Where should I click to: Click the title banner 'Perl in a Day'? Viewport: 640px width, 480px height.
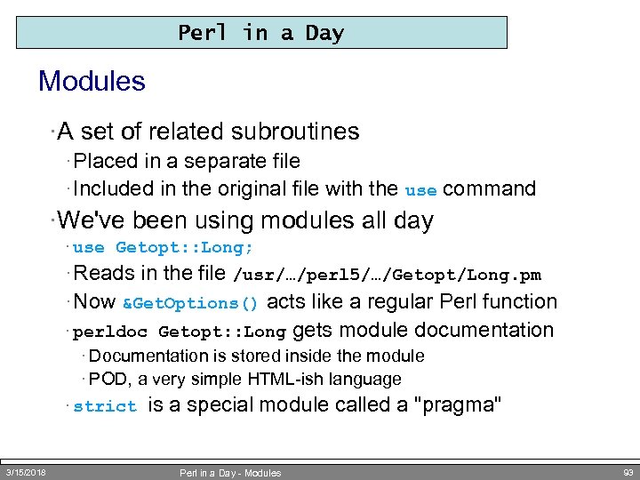tap(261, 33)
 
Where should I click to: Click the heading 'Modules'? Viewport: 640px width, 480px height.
tap(92, 82)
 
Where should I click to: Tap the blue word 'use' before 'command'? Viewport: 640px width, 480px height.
tap(420, 190)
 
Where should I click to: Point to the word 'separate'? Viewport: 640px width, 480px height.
tap(217, 161)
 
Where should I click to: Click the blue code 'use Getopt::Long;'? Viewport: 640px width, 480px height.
tap(163, 248)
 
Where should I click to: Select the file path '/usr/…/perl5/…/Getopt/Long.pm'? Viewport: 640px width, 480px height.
tap(387, 276)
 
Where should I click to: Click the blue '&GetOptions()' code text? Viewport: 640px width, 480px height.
tap(190, 303)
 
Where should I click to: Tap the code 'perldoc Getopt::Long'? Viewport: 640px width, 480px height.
tap(179, 332)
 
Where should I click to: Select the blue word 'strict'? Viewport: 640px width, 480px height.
tap(105, 407)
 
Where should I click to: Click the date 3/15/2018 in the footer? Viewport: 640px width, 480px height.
tap(27, 472)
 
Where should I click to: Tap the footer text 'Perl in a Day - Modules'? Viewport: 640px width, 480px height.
tap(230, 473)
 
